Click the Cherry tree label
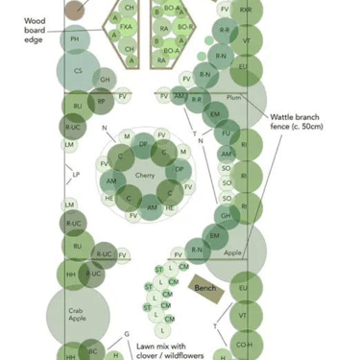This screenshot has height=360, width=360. (145, 176)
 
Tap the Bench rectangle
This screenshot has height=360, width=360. (205, 287)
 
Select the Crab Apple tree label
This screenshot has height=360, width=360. (77, 314)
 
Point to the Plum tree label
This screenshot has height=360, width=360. (233, 98)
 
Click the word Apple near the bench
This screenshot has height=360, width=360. (233, 252)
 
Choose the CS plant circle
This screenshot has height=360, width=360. (78, 70)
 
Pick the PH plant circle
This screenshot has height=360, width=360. (75, 39)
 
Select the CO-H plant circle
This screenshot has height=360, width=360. (245, 345)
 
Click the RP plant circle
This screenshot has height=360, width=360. (101, 101)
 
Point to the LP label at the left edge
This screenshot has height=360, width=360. (76, 175)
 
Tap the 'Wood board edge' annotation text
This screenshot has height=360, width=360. (35, 30)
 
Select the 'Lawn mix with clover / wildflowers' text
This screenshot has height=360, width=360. (169, 350)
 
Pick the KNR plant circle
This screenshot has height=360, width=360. (246, 10)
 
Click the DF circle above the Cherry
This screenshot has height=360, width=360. (143, 144)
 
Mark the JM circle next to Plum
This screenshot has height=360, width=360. (180, 96)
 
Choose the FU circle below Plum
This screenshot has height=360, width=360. (228, 133)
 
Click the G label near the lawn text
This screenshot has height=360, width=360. (127, 335)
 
